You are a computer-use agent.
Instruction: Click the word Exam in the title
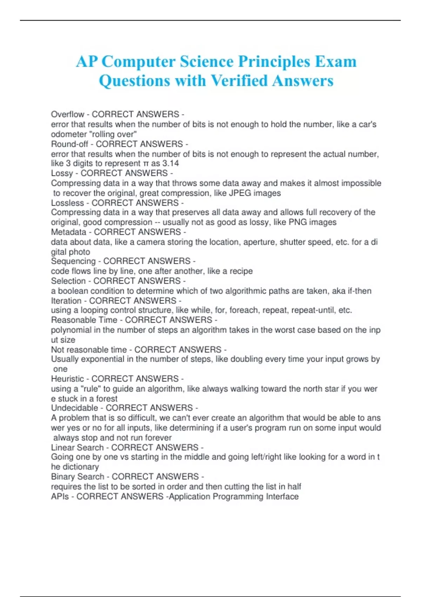336,62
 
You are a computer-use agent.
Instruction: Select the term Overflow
67,114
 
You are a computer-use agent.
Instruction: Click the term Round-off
69,144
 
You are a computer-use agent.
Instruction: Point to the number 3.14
171,164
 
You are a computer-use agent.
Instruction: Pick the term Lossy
62,173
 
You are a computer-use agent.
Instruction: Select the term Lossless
67,203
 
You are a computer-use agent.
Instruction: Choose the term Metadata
68,232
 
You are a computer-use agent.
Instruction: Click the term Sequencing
73,261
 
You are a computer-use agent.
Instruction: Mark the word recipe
241,271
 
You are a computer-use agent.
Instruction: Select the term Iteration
66,301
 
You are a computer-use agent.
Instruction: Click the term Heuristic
67,379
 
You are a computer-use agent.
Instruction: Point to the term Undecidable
74,408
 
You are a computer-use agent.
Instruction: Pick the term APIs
60,497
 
